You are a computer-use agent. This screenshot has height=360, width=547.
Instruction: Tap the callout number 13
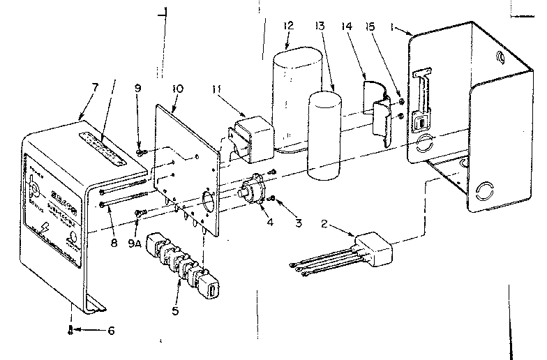(x=320, y=26)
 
